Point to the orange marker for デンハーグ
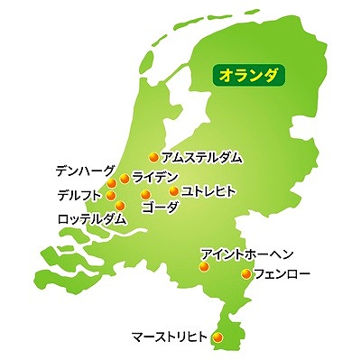click(x=112, y=183)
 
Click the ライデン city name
click(x=155, y=176)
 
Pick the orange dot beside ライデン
click(x=125, y=179)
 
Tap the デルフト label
click(x=79, y=194)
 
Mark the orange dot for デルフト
click(x=111, y=194)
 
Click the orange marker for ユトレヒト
click(x=174, y=191)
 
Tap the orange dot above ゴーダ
click(x=145, y=194)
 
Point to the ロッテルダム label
click(x=91, y=219)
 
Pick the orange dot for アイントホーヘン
click(x=204, y=266)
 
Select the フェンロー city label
click(x=283, y=272)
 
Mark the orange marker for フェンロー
click(x=245, y=273)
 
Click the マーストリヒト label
click(x=170, y=337)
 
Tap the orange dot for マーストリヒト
click(x=218, y=337)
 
